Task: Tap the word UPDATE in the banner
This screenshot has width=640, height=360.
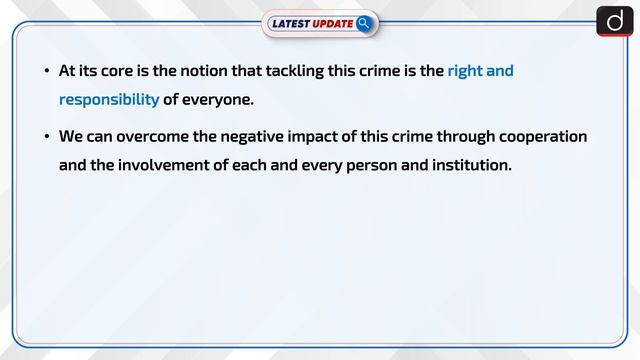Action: pyautogui.click(x=334, y=23)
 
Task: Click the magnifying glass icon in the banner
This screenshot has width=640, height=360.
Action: pyautogui.click(x=364, y=22)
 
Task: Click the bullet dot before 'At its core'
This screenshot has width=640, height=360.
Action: pyautogui.click(x=46, y=72)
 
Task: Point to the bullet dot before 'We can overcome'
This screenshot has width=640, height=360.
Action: pyautogui.click(x=46, y=137)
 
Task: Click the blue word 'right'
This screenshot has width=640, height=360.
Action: pyautogui.click(x=467, y=72)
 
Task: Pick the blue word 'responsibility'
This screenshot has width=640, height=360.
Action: pyautogui.click(x=109, y=99)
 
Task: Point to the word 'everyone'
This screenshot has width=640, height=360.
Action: pyautogui.click(x=222, y=99)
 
